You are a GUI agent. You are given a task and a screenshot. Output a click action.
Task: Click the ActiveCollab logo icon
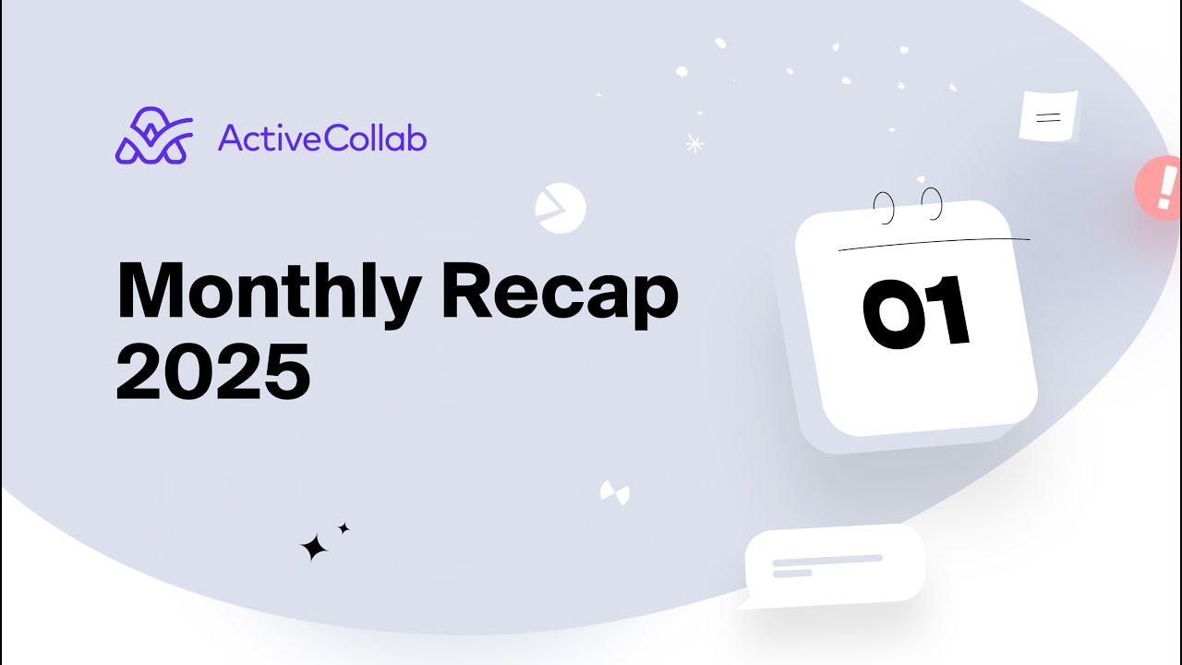point(153,137)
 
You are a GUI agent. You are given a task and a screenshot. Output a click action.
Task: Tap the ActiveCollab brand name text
point(322,139)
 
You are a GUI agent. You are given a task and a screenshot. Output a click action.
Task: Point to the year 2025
point(212,371)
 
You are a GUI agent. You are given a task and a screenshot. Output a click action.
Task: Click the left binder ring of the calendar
point(885,208)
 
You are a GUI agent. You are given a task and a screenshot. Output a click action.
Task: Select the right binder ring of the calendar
point(932,203)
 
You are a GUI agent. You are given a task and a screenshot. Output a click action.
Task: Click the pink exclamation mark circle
point(1161,187)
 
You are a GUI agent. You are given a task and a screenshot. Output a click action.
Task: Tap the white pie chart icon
point(560,207)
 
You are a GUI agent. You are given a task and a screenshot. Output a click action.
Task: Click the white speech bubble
point(834,564)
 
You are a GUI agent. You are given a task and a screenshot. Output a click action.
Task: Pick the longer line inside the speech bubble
point(827,560)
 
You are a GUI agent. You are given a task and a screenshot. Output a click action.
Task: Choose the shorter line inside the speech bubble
point(791,574)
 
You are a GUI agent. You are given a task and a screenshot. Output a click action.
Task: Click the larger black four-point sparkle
point(314,548)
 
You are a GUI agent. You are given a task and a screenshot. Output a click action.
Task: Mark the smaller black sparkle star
point(344,528)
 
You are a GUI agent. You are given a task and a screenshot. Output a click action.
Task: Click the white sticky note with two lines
point(1048,117)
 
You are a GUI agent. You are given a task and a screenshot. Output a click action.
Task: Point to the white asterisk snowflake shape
point(694,143)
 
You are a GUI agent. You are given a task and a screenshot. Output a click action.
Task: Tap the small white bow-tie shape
point(614,492)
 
